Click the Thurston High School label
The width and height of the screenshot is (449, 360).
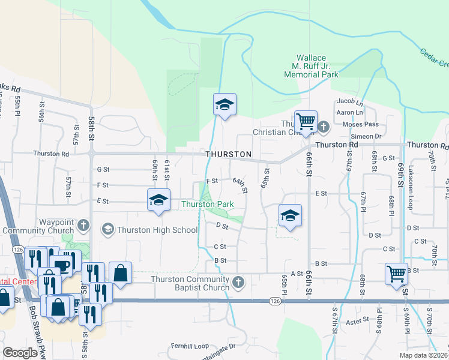click(157, 229)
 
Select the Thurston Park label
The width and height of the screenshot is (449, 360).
click(208, 204)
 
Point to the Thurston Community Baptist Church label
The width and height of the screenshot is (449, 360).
click(190, 283)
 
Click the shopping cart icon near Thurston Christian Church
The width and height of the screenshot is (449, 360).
click(306, 122)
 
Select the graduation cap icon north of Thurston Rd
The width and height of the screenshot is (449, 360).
click(224, 105)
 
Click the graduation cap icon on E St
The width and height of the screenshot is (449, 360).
click(158, 200)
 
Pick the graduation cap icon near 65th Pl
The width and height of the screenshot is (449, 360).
click(290, 215)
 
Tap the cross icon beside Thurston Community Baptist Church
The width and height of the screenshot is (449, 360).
click(238, 281)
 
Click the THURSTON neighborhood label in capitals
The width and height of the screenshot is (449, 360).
click(228, 154)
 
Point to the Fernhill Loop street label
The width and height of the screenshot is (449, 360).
click(190, 346)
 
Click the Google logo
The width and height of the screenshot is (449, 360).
click(20, 353)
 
